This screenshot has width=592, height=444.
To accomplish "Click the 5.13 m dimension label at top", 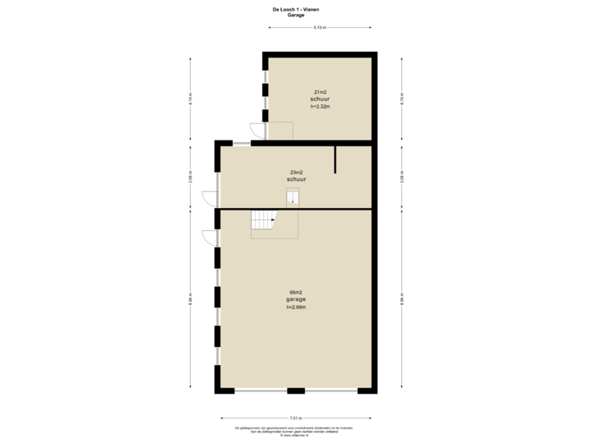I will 320,27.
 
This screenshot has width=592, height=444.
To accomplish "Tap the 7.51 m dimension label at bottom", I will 295,417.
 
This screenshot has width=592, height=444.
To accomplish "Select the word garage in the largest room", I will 296,299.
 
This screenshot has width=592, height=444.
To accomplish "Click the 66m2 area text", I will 296,292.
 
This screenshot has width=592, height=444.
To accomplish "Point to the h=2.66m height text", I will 296,307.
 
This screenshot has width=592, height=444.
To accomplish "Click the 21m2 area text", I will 320,90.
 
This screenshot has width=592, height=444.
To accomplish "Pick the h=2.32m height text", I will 320,106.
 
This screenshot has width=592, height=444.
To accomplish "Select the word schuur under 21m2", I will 320,99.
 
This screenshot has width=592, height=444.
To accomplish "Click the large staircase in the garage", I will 264,220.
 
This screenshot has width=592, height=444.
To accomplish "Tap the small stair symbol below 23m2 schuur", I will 293,197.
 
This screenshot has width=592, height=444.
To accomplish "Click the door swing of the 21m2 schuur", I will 256,130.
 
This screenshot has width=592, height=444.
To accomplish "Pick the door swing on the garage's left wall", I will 208,237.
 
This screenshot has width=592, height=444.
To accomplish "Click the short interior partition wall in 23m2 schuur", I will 335,160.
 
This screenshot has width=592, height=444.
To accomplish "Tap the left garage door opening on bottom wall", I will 261,391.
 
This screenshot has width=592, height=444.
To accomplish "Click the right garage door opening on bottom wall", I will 331,391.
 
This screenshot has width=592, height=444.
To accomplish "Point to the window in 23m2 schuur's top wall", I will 241,143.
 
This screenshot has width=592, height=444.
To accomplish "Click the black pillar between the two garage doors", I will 296,391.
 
